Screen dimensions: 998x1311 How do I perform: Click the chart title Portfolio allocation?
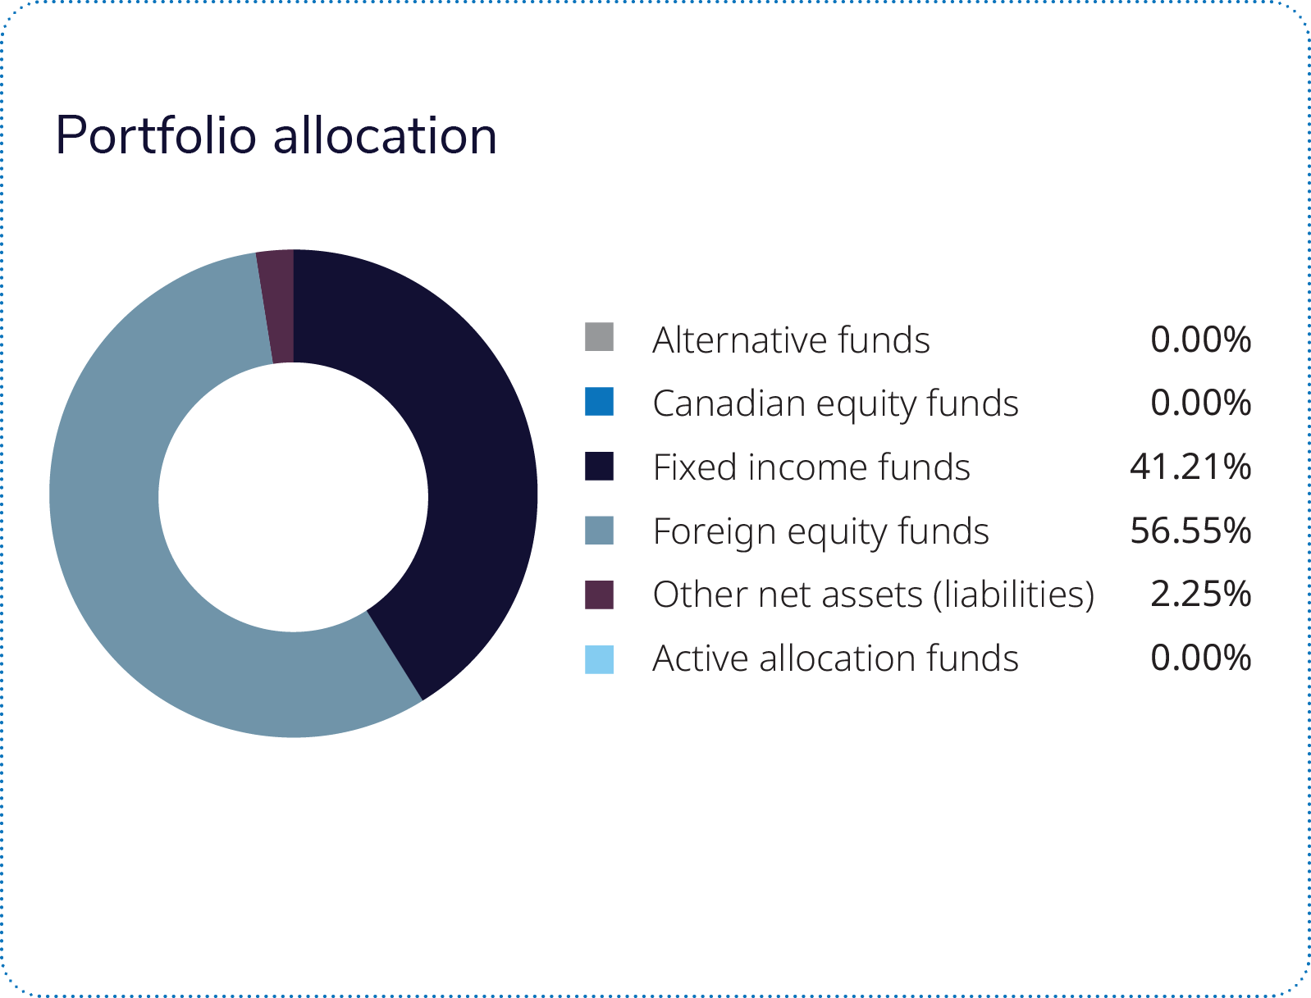click(x=276, y=135)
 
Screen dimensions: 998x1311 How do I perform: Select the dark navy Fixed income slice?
click(x=459, y=459)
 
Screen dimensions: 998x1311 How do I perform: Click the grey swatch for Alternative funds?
click(x=599, y=338)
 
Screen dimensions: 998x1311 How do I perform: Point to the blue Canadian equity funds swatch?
click(x=599, y=402)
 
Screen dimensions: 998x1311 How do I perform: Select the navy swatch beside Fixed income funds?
click(x=599, y=466)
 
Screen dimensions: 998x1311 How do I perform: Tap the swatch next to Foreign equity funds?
click(x=599, y=530)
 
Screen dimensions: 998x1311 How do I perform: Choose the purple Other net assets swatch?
click(x=599, y=595)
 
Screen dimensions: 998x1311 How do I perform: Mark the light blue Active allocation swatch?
click(x=599, y=658)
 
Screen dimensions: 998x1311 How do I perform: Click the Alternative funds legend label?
click(x=791, y=340)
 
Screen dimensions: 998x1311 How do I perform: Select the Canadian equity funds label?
click(x=835, y=403)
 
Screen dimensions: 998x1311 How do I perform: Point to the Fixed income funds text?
click(x=811, y=467)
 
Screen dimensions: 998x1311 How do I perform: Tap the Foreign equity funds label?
click(x=820, y=531)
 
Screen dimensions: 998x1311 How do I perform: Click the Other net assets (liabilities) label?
click(x=874, y=595)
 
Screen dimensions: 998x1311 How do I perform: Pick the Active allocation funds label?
click(x=835, y=658)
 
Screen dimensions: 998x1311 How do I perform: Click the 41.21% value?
click(x=1190, y=467)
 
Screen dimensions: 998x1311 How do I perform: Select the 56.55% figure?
click(x=1190, y=531)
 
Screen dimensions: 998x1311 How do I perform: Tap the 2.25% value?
click(x=1200, y=595)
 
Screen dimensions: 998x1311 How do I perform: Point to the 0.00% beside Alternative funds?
click(x=1200, y=340)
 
